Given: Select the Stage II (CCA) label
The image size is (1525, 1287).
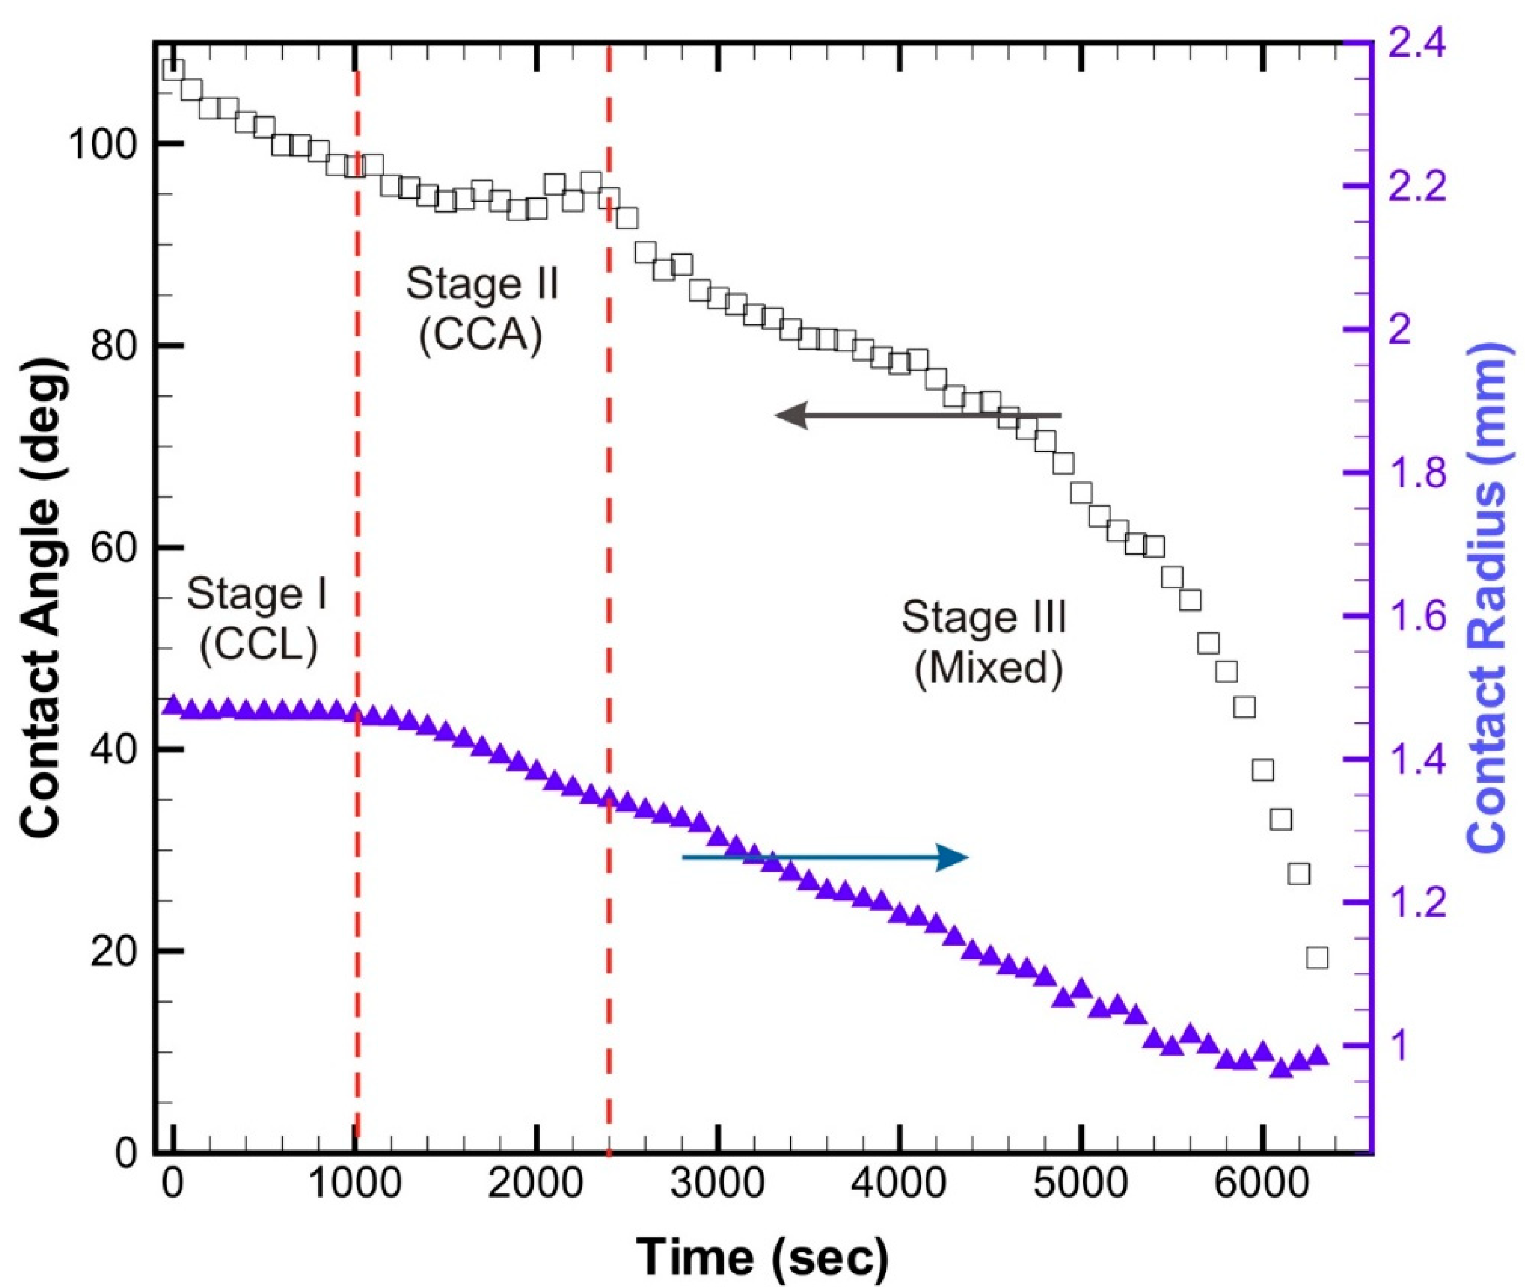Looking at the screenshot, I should click(482, 309).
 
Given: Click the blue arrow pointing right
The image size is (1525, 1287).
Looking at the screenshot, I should click(825, 857).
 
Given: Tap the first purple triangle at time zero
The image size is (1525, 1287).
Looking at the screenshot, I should click(172, 705).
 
